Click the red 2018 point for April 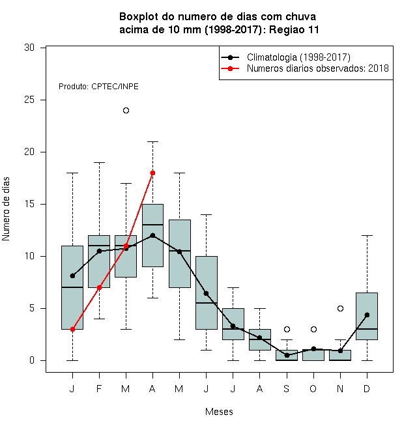[x=153, y=173]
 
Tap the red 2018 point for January [x=72, y=330]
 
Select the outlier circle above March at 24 [x=126, y=111]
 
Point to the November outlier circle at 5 [x=340, y=309]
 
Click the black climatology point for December [x=367, y=315]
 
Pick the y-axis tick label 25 [x=29, y=100]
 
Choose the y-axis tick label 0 [x=32, y=360]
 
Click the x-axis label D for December [x=367, y=388]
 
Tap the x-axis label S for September [x=287, y=388]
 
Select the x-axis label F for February [x=99, y=388]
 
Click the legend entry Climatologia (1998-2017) [x=286, y=57]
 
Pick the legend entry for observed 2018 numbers [x=305, y=68]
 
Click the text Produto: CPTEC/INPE [x=98, y=87]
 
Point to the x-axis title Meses [x=219, y=412]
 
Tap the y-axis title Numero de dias [x=6, y=209]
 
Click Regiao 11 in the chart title [x=294, y=29]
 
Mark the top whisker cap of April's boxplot [x=153, y=142]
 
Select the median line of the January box [x=72, y=287]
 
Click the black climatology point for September [x=287, y=355]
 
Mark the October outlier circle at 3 [x=313, y=330]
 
